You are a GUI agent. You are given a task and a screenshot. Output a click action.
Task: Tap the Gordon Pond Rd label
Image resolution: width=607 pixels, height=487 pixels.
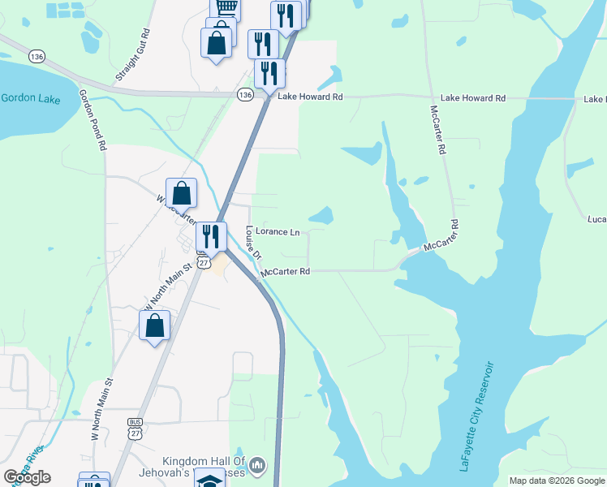[92, 120]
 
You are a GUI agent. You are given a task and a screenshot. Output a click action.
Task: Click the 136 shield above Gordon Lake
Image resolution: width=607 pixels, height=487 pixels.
[35, 56]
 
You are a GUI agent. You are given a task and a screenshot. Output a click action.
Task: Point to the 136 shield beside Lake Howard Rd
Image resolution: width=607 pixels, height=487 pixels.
[245, 96]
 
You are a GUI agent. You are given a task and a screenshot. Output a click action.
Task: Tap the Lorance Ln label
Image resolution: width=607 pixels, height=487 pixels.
[278, 232]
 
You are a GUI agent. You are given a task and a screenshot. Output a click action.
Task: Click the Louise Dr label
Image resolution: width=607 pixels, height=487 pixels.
[253, 243]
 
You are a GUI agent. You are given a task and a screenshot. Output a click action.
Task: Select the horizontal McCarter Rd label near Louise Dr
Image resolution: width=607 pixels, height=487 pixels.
[286, 272]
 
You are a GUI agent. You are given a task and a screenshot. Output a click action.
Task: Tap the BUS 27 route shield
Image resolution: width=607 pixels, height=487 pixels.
[136, 428]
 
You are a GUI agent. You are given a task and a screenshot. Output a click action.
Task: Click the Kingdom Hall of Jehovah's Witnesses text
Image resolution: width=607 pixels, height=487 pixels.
[193, 468]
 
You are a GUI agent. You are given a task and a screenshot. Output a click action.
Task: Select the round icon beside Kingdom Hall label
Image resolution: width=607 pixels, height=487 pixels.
[257, 465]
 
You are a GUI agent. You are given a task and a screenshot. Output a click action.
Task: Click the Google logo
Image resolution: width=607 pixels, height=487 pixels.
[27, 477]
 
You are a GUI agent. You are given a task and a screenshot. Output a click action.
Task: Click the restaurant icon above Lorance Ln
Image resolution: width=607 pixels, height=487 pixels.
[211, 236]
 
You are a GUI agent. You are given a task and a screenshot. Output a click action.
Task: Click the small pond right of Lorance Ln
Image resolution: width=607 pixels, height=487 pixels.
[321, 216]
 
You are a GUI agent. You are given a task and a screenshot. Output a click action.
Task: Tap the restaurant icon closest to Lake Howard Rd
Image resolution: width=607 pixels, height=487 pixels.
[270, 73]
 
